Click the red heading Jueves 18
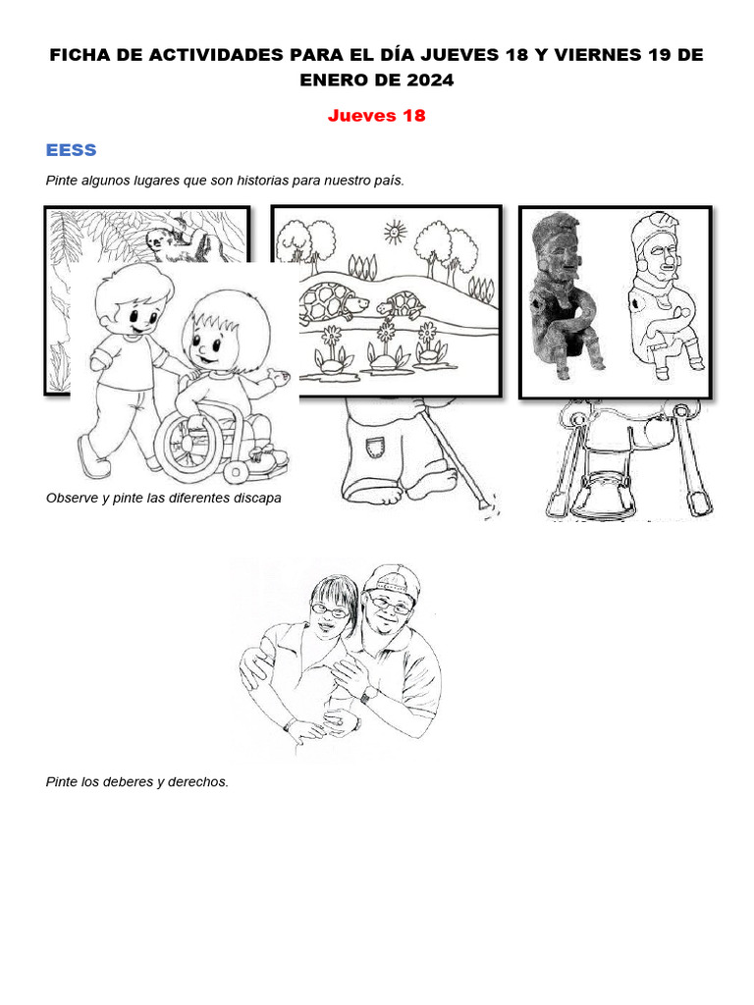point(376,116)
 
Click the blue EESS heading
point(71,150)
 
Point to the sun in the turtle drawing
point(395,232)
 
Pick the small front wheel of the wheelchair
point(236,472)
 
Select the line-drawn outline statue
point(665,293)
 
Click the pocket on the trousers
point(375,447)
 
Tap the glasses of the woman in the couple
point(330,609)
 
